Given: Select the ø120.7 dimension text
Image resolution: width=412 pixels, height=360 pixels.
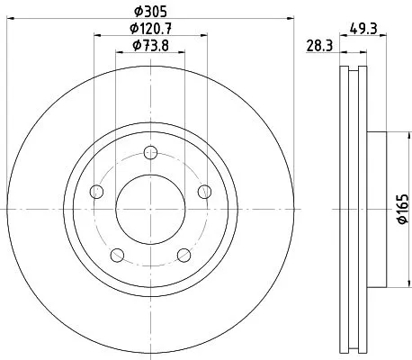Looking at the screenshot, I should pos(150,31).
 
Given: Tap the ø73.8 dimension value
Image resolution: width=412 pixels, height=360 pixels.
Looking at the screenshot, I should pos(150,48).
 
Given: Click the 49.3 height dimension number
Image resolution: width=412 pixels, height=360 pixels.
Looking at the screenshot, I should pos(363,29).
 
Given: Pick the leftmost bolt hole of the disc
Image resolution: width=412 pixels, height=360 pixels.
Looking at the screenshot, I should pos(97,190).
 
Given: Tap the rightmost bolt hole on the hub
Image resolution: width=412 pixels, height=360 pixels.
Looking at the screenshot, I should pos(204,190).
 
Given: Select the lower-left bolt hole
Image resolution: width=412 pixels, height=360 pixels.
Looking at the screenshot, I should pos(117,254).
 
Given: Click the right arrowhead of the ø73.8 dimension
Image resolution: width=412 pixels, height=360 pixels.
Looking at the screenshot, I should pos(183,54).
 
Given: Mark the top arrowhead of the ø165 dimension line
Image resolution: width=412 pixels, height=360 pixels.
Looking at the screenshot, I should pos(393,136).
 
